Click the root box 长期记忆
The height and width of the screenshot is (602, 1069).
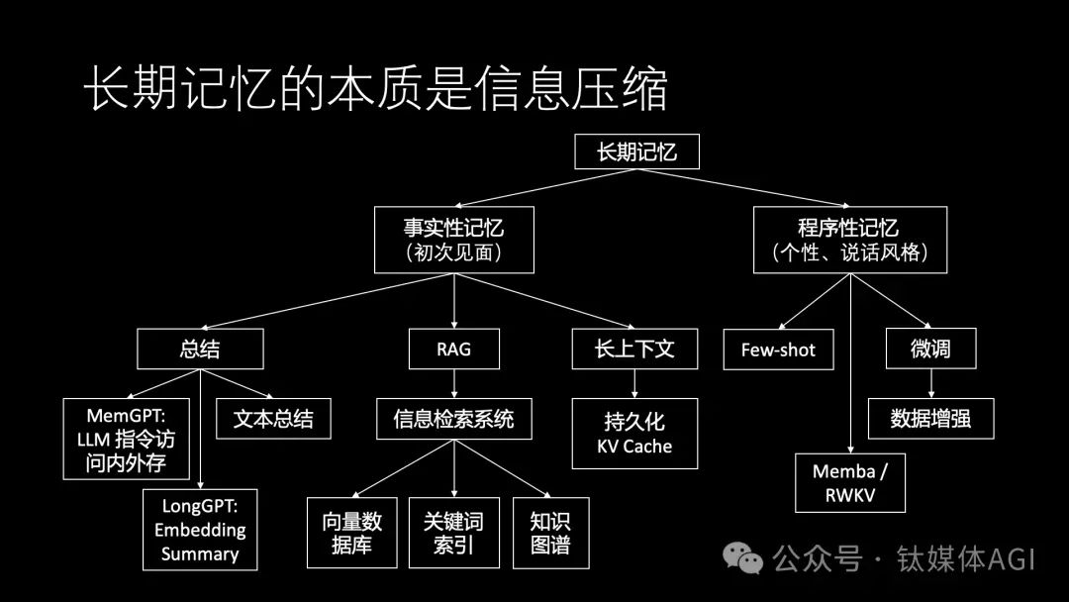coord(636,151)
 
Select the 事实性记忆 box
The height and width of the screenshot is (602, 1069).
coord(453,239)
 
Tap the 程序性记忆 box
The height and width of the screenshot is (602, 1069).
coord(849,239)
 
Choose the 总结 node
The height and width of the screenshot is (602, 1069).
coord(200,350)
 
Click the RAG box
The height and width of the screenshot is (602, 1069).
coord(453,350)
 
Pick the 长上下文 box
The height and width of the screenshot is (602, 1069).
coord(634,350)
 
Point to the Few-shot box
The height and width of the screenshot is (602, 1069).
coord(778,350)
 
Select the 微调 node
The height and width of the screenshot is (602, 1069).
coord(930,350)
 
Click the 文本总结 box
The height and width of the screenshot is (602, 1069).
coord(273,419)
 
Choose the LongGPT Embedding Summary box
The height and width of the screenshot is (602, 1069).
coord(200,529)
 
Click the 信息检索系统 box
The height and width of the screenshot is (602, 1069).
coord(453,419)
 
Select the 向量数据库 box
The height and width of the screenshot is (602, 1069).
coord(352,533)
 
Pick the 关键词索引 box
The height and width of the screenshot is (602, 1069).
coord(453,533)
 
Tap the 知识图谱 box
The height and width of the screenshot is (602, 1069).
coord(550,533)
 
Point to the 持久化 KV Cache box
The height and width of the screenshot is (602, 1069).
coord(634,433)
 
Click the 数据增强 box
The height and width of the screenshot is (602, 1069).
coord(930,419)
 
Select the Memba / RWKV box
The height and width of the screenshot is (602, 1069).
coord(849,482)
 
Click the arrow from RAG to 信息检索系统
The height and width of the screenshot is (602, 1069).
coord(453,383)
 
